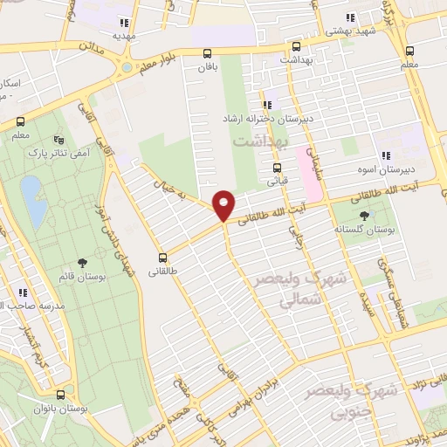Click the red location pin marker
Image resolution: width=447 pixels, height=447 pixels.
point(224,205)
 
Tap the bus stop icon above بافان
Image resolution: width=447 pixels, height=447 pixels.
point(206,52)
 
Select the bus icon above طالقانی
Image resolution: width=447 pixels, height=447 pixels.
point(162,258)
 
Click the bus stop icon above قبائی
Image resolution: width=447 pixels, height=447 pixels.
point(278,168)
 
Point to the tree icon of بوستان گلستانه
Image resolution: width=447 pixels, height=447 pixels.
point(364,215)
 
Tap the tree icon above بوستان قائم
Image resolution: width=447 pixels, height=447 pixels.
point(82,262)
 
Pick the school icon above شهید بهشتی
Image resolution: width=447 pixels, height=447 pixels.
point(349,17)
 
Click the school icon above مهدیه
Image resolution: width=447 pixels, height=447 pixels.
point(124,23)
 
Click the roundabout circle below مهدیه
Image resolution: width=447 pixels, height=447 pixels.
point(127,66)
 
